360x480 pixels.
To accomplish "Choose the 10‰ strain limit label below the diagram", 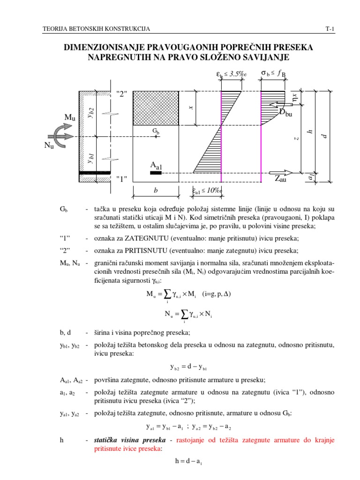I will point(207,190).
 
